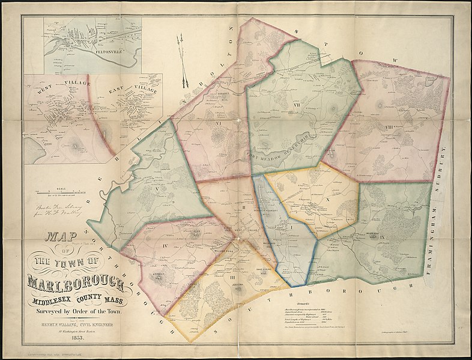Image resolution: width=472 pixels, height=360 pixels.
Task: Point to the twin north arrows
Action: pos(181,60)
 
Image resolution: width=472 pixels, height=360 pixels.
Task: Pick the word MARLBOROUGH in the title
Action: pos(75,281)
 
